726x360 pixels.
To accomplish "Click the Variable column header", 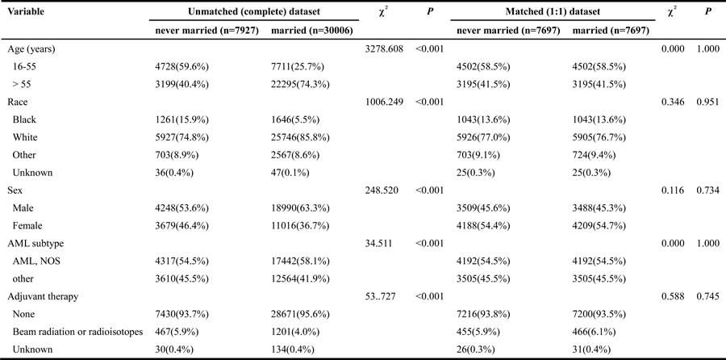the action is point(26,11).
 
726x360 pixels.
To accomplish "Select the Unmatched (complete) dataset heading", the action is point(254,11).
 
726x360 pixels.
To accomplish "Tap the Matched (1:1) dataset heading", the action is point(553,11).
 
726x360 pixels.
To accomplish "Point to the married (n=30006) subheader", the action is point(311,31).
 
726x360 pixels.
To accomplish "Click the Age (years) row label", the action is point(31,49).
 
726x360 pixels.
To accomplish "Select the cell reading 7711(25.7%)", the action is point(298,67).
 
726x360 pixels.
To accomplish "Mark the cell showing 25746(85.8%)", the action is point(300,137).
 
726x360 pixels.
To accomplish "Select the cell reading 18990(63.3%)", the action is point(300,208).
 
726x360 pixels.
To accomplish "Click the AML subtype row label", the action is point(32,243).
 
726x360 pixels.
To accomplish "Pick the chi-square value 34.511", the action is point(379,243).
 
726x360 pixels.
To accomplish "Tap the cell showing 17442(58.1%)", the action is point(300,261).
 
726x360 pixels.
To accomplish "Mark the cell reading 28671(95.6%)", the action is point(300,314).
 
